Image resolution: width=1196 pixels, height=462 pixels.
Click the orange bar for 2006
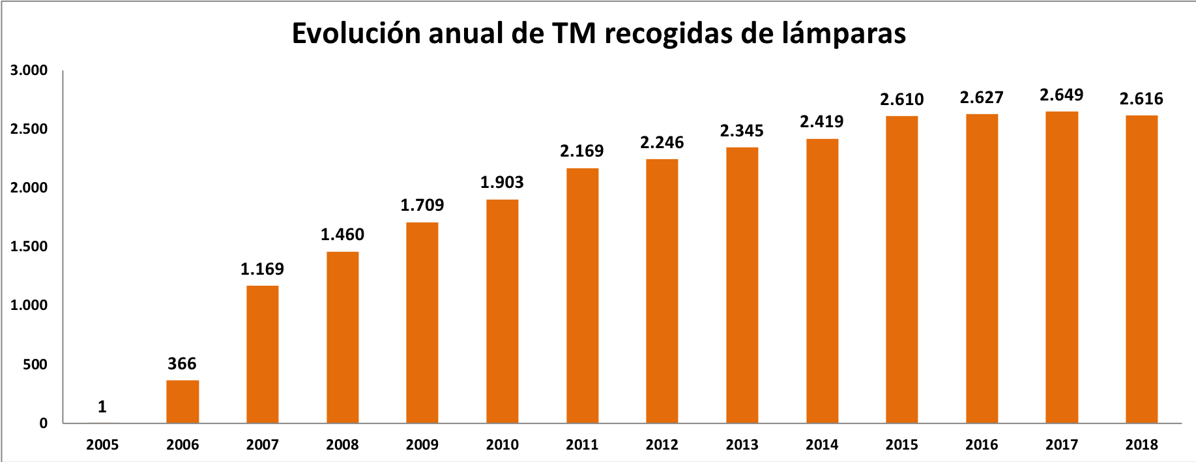pos(182,402)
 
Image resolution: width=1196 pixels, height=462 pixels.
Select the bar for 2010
pos(503,311)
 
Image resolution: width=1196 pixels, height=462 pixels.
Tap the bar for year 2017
pos(1062,268)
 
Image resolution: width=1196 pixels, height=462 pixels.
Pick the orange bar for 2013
pos(742,285)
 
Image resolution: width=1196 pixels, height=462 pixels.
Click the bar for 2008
pos(343,337)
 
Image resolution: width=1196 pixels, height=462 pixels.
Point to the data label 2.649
pos(1062,95)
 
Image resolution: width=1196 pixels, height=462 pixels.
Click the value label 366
pos(182,364)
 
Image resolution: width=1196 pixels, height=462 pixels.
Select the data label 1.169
pos(263,269)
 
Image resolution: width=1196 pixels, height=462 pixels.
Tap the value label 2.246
pos(662,143)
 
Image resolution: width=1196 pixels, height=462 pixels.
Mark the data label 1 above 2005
pos(102,407)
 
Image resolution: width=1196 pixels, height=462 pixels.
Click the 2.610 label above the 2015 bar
pos(902,100)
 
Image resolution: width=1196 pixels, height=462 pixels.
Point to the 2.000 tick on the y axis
pos(29,188)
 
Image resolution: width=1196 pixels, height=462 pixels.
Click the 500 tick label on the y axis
pos(35,365)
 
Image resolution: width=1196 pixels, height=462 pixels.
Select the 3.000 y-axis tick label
pos(29,70)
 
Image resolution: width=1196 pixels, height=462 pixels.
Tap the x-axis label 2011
pos(582,445)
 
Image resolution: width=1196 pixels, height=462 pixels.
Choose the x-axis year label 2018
pos(1142,445)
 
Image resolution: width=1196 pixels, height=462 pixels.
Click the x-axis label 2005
pos(102,445)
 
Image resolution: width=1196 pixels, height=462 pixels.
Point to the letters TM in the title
pos(574,34)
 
